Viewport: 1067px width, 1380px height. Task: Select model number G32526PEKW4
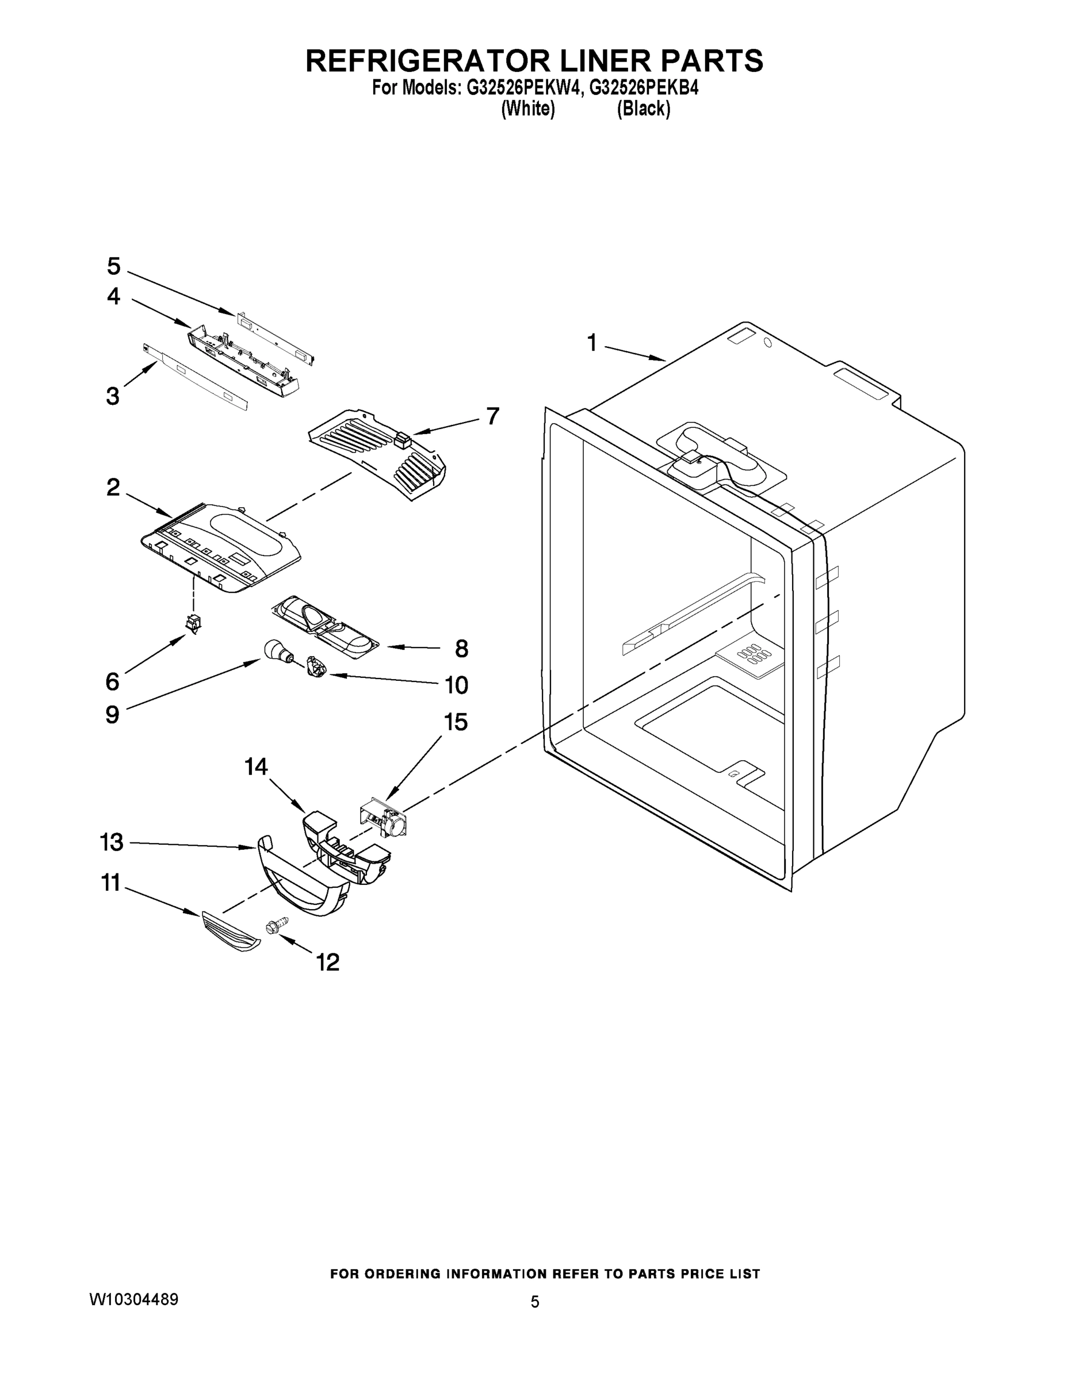(x=522, y=88)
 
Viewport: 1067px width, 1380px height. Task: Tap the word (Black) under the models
(x=644, y=109)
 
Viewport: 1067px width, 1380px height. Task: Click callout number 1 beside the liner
(x=592, y=343)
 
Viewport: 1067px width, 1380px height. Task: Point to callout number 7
(x=492, y=416)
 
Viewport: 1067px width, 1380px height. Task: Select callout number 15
(x=456, y=722)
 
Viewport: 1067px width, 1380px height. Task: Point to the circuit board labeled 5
(x=276, y=336)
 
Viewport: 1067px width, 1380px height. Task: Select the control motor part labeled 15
(x=384, y=819)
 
